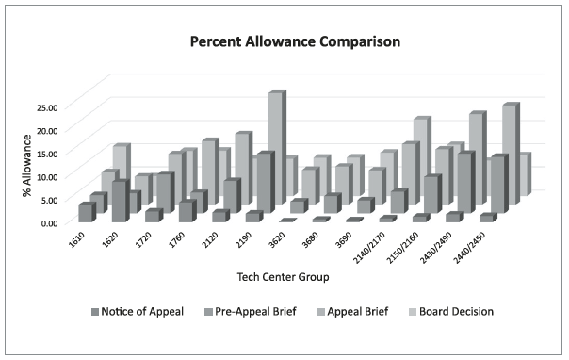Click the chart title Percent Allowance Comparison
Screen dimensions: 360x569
point(283,42)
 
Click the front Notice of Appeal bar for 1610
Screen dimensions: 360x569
point(86,212)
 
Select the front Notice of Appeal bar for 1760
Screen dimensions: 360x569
point(186,211)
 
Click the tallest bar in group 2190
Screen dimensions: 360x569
point(275,141)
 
